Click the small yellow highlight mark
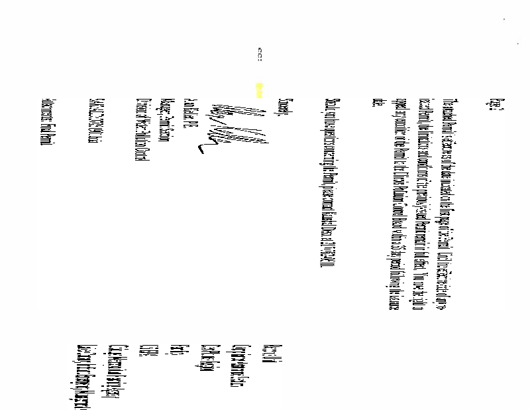[x=260, y=89]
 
